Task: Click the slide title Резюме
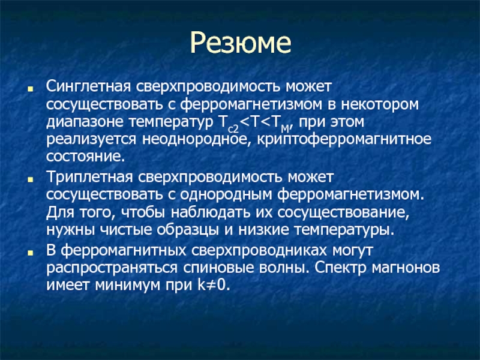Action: pyautogui.click(x=241, y=42)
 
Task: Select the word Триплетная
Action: pyautogui.click(x=89, y=177)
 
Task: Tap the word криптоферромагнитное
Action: pyautogui.click(x=344, y=139)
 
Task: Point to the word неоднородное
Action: pyautogui.click(x=197, y=139)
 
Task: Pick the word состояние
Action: pyautogui.click(x=86, y=157)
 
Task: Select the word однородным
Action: pyautogui.click(x=226, y=194)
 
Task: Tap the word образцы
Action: pyautogui.click(x=188, y=230)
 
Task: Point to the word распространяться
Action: pyautogui.click(x=112, y=268)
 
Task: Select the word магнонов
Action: pyautogui.click(x=406, y=268)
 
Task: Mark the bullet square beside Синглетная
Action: pyautogui.click(x=30, y=89)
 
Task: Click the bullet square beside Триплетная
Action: pyautogui.click(x=30, y=179)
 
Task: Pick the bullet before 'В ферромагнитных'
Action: pyautogui.click(x=30, y=253)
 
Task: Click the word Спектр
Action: pyautogui.click(x=340, y=268)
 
